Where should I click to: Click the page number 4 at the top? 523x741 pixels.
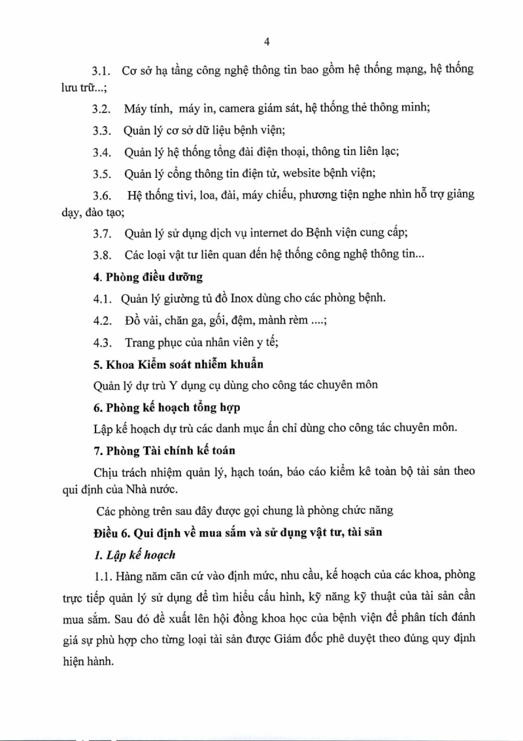pyautogui.click(x=266, y=42)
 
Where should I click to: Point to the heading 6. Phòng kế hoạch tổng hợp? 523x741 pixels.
pyautogui.click(x=166, y=407)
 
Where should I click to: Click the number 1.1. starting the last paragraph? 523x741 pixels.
pyautogui.click(x=101, y=576)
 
